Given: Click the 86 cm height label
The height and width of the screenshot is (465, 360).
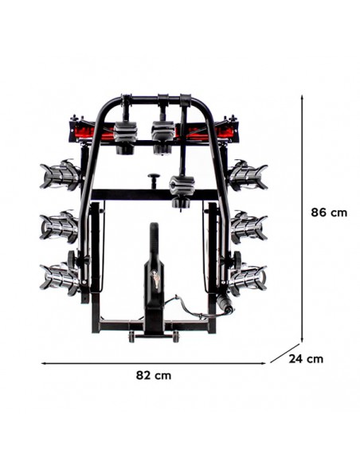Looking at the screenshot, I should pyautogui.click(x=329, y=213).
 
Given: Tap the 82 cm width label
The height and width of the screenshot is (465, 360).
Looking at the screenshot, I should pyautogui.click(x=153, y=375).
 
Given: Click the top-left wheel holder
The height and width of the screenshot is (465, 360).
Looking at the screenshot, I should pyautogui.click(x=61, y=174).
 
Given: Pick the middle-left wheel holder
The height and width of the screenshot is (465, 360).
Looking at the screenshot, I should pyautogui.click(x=61, y=227).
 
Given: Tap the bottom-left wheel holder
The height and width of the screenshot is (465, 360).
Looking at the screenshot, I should pyautogui.click(x=61, y=277).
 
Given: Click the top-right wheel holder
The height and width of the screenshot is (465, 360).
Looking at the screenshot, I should pyautogui.click(x=247, y=174).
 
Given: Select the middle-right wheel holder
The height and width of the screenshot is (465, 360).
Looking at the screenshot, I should pyautogui.click(x=248, y=227).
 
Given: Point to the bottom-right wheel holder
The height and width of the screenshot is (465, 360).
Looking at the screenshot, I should pyautogui.click(x=246, y=278).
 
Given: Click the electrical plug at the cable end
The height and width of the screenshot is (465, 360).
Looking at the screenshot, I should pyautogui.click(x=225, y=306).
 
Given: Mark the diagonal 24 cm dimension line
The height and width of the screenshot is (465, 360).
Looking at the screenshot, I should pyautogui.click(x=285, y=354).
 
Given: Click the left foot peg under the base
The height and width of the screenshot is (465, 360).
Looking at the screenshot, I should pyautogui.click(x=131, y=337).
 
